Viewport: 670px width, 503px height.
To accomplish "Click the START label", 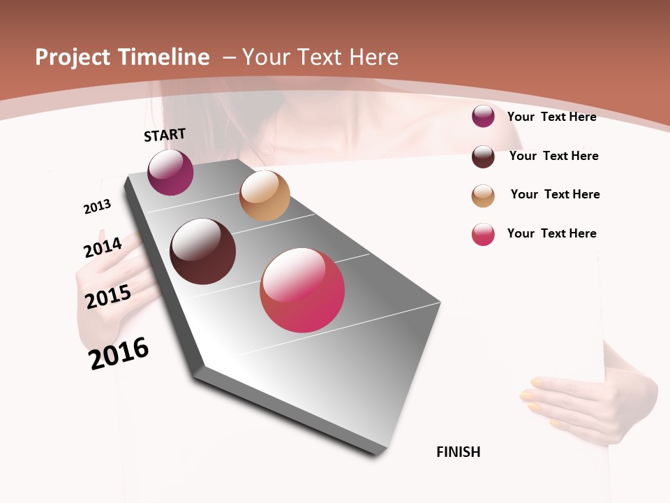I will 165,134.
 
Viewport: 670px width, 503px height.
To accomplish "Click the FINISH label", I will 459,452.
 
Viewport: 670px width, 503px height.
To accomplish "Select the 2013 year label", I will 97,207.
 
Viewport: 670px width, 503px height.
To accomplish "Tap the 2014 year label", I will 103,248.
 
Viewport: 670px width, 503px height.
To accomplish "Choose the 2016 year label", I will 119,353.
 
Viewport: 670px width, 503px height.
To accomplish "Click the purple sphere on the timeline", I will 170,173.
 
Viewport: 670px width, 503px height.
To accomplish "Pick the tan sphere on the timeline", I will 265,196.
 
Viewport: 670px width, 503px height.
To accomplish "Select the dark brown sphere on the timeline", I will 202,251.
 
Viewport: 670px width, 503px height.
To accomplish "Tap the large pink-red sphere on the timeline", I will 302,290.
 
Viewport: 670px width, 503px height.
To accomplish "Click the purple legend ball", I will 483,117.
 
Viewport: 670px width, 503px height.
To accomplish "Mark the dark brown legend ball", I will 483,156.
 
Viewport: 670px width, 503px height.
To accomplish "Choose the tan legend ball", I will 483,196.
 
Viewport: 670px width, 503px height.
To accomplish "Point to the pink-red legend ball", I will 483,234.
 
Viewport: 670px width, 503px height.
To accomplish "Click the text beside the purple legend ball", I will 552,117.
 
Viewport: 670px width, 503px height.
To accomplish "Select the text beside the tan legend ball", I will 555,194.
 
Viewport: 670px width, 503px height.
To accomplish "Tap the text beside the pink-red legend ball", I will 552,233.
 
